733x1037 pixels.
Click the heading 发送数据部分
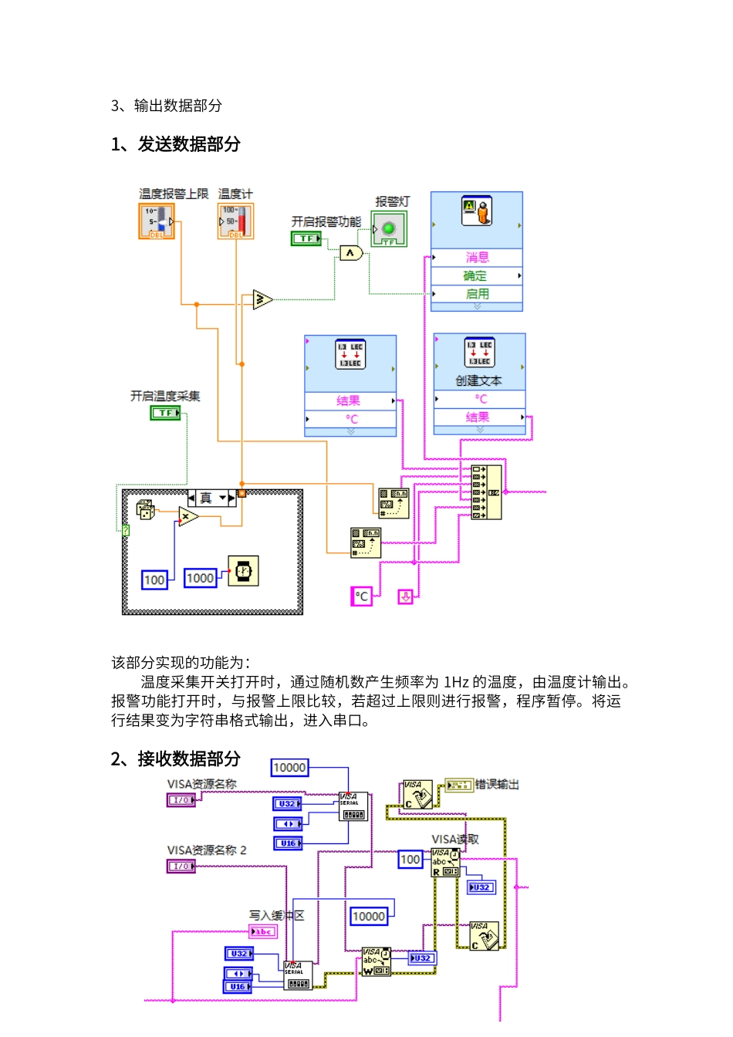[x=188, y=144]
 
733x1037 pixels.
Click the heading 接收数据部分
[x=188, y=759]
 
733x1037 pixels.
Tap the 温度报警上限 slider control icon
[x=157, y=221]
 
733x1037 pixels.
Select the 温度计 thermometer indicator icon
[x=235, y=221]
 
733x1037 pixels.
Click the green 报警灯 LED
[x=389, y=228]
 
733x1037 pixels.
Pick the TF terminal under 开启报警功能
[x=306, y=239]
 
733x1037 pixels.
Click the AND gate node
[x=351, y=253]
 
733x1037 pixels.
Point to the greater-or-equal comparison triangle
[x=262, y=299]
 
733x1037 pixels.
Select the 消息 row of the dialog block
[x=477, y=258]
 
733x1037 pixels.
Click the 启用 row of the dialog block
[x=477, y=294]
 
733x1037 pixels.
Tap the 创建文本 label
[x=478, y=380]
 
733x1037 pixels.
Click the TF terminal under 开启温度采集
[x=164, y=414]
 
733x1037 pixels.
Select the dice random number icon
[x=145, y=509]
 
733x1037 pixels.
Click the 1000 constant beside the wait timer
[x=200, y=578]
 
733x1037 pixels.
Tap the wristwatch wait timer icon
[x=243, y=572]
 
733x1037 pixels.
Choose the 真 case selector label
[x=206, y=498]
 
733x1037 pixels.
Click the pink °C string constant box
[x=361, y=596]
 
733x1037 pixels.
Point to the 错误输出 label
[x=497, y=785]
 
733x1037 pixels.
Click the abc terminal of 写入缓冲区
[x=263, y=932]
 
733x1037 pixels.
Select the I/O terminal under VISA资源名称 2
[x=181, y=866]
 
